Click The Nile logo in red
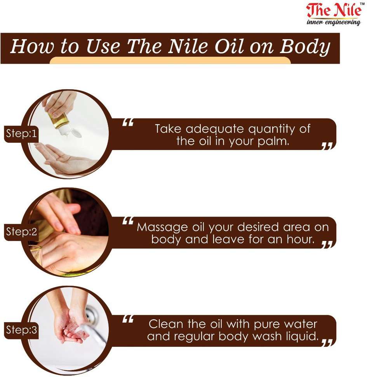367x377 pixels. (334, 10)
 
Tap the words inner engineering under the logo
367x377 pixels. (334, 22)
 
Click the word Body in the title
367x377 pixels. (304, 47)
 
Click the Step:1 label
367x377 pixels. (21, 133)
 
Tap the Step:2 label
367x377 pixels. (21, 232)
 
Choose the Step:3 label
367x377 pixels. (21, 330)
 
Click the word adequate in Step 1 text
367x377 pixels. (215, 129)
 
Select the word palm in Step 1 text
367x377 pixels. (273, 141)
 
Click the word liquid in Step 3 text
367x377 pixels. (303, 336)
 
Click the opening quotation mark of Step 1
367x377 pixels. (128, 123)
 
